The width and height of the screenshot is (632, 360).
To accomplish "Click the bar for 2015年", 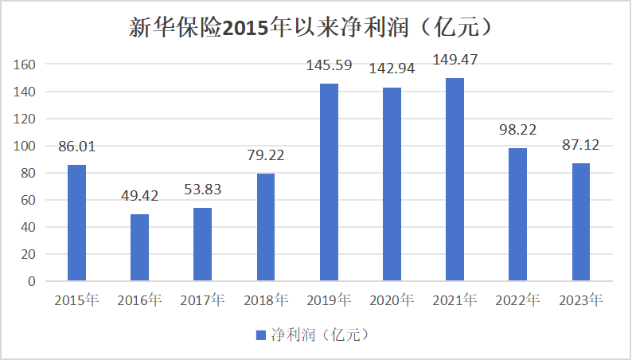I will coord(76,223).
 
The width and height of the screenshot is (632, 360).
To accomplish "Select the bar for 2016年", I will coord(139,248).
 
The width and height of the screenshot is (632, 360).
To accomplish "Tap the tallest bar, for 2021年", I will coord(454,179).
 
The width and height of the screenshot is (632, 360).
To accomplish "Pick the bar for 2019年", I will coord(329,182).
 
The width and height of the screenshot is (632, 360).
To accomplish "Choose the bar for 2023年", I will coord(581,222).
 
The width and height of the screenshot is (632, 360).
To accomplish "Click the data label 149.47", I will coord(454,60).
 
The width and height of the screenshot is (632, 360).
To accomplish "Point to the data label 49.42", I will coord(139,196).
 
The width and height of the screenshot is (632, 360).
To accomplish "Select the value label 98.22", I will coord(518,129).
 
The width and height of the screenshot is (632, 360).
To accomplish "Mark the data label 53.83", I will coord(202,190).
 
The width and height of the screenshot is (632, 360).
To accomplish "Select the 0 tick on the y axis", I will coord(32,281).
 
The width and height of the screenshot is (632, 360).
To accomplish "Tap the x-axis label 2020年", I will coord(392,300).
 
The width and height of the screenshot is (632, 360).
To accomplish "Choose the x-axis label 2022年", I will coord(518,300).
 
